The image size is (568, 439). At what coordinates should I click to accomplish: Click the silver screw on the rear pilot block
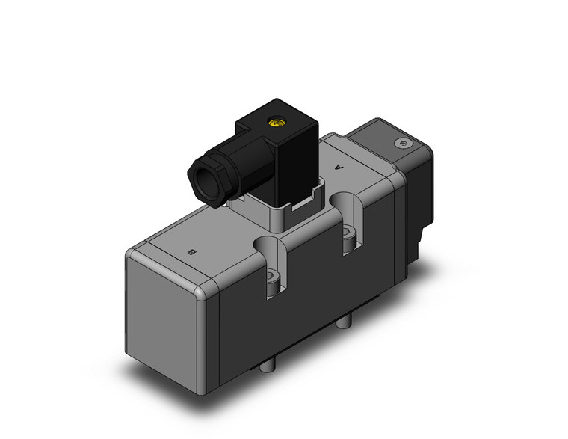click(x=404, y=142)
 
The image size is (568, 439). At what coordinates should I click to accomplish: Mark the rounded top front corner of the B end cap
click(x=202, y=292)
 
